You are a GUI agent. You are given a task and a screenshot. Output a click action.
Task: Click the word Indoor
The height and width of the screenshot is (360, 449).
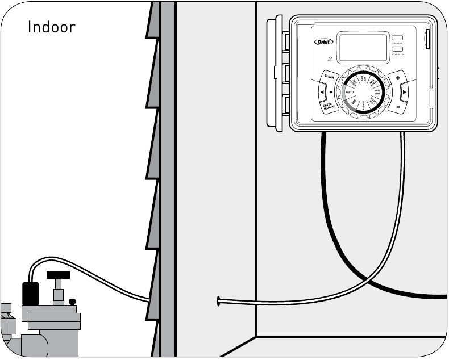[51, 27]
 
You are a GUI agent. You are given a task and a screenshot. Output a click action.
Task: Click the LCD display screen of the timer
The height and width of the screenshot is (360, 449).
[362, 47]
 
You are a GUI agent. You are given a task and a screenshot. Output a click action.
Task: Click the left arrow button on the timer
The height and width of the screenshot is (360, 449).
[322, 91]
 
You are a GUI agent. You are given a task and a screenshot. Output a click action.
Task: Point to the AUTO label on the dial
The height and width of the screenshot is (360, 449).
[349, 92]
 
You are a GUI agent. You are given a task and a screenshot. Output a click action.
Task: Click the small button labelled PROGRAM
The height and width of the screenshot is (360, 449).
[397, 38]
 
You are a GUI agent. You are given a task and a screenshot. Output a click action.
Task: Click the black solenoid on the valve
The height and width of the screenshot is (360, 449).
[30, 294]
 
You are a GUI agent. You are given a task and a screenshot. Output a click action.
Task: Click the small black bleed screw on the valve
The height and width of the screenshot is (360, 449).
[72, 302]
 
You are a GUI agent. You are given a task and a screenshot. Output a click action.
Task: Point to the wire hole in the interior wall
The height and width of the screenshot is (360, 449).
[218, 300]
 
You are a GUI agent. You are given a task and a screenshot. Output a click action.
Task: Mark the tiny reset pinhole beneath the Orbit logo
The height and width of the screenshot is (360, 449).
[330, 58]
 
